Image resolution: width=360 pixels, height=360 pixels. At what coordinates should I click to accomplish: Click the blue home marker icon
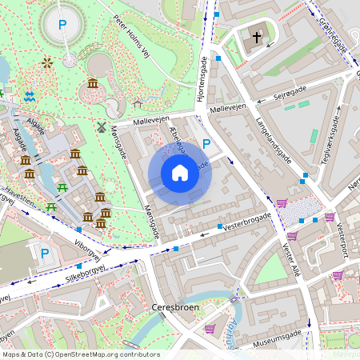click(180, 173)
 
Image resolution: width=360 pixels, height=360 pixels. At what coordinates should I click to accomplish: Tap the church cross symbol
click(258, 38)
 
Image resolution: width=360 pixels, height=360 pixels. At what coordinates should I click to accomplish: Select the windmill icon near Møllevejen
click(102, 126)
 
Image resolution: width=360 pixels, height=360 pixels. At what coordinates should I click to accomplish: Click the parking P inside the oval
click(62, 24)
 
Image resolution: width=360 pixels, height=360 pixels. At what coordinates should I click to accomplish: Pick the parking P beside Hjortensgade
click(206, 144)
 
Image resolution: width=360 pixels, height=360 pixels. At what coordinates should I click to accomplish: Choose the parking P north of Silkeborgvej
click(45, 254)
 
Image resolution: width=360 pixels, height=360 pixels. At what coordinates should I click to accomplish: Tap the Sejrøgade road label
click(289, 96)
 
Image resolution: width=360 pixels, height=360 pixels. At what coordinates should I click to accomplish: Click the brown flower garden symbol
click(47, 62)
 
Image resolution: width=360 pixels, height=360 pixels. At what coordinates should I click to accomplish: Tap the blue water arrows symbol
click(30, 96)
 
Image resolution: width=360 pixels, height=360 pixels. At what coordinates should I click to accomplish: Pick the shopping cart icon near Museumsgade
click(210, 328)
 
